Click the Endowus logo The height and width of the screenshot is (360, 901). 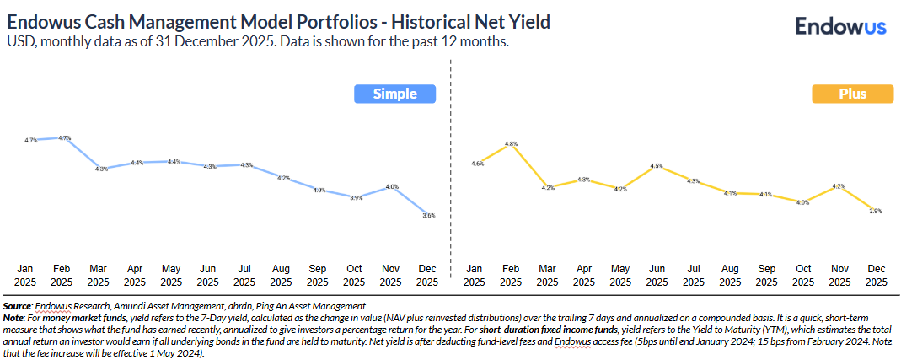click(x=840, y=26)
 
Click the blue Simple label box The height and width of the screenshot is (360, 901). click(x=394, y=94)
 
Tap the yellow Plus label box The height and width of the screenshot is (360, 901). click(x=852, y=94)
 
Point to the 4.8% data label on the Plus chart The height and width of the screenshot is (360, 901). click(x=511, y=145)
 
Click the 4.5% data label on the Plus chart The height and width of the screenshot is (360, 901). click(x=657, y=167)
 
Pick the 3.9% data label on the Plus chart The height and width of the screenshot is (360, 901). click(x=876, y=212)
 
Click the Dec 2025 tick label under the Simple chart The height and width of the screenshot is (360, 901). click(x=427, y=275)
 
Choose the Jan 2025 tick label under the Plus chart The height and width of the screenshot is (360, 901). click(x=475, y=275)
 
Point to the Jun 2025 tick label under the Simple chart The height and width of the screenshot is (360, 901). click(x=208, y=275)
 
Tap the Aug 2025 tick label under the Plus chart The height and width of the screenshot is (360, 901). click(x=730, y=275)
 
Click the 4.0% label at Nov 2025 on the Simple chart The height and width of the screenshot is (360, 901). click(x=391, y=186)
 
